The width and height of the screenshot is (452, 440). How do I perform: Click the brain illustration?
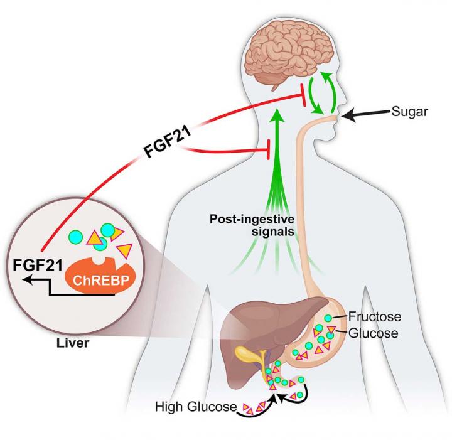[x=288, y=58]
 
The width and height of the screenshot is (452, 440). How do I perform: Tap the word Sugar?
[x=409, y=112]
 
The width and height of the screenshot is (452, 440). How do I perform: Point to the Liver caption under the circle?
[x=73, y=343]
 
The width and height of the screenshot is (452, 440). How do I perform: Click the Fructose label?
[x=375, y=316]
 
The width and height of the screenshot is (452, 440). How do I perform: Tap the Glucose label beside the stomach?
[x=374, y=333]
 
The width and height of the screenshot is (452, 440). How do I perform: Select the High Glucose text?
[x=196, y=407]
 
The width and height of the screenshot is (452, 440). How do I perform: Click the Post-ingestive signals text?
[x=252, y=225]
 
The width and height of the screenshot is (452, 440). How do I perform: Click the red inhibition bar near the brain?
[x=303, y=95]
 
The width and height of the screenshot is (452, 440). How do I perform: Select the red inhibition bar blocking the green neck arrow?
[x=269, y=149]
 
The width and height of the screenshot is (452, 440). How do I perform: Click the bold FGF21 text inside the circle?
[x=38, y=266]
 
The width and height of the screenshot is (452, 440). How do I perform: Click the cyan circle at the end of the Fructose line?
[x=328, y=318]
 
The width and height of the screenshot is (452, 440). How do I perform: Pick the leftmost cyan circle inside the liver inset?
[x=75, y=237]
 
